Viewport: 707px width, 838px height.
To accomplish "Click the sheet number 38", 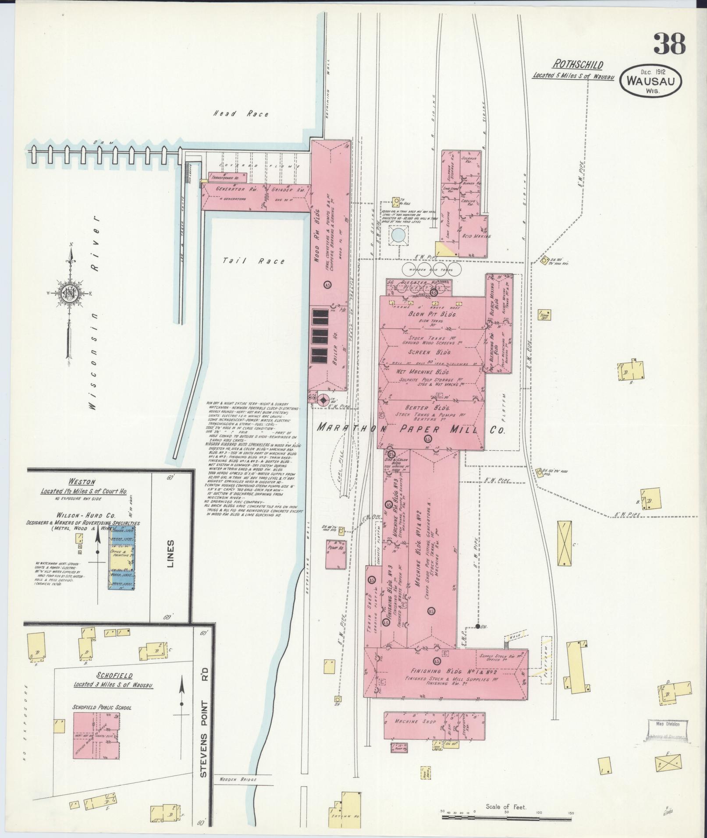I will pos(669,44).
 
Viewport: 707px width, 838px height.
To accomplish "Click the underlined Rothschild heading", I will pos(577,65).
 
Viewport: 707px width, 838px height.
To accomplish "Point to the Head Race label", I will pos(241,114).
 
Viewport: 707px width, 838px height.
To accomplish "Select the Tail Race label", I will pos(253,261).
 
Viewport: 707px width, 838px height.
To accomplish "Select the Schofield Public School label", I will pos(103,707).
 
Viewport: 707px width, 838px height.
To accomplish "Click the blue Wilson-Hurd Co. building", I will pos(122,557).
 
